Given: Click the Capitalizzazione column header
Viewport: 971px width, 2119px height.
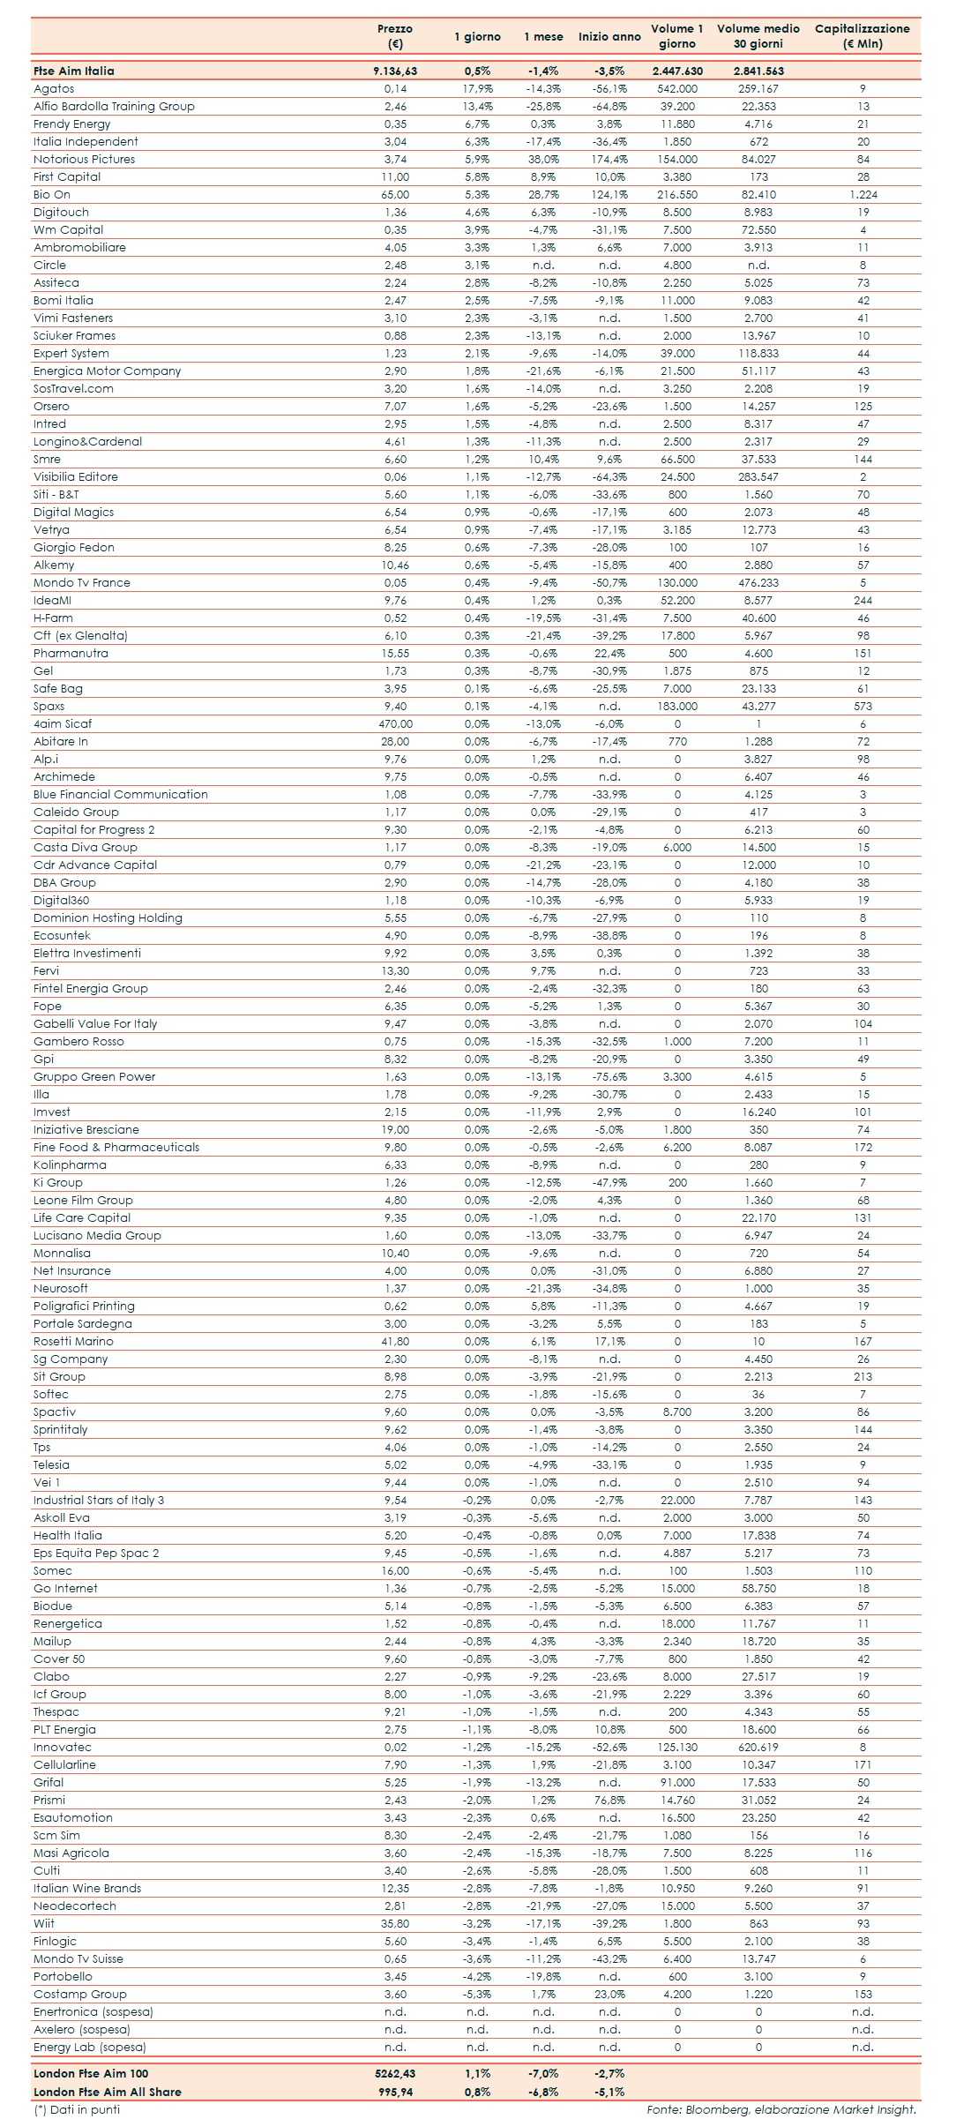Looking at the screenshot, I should click(x=862, y=36).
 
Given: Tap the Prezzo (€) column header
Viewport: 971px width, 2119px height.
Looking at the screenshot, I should click(x=394, y=36).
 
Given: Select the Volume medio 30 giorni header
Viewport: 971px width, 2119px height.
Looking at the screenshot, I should click(x=758, y=36).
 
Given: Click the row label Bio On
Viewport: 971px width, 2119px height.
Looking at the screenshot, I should click(x=52, y=195).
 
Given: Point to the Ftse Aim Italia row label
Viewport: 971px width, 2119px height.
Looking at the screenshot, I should click(x=74, y=71).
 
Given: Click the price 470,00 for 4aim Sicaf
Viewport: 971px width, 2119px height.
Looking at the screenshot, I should click(x=395, y=724).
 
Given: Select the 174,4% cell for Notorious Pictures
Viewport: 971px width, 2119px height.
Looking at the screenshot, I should click(x=609, y=160).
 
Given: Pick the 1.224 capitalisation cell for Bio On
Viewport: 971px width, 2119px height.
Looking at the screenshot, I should click(x=863, y=195).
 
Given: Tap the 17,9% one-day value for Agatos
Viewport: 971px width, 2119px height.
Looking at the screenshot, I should click(x=477, y=89).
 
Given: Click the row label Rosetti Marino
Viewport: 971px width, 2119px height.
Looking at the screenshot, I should click(x=73, y=1342).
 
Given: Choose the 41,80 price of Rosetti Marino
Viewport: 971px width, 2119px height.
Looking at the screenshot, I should click(x=395, y=1342).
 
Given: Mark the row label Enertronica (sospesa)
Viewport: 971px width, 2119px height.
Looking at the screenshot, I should click(x=93, y=2012).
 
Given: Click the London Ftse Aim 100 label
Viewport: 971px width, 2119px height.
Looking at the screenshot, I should click(x=91, y=2074).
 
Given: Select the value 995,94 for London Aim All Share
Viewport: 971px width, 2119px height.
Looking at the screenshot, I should click(x=394, y=2092).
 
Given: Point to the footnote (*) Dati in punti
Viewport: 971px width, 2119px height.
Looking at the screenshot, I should click(x=77, y=2109).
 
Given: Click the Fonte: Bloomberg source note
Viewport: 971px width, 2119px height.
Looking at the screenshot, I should click(x=781, y=2109).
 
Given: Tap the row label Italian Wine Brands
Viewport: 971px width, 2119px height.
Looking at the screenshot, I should click(x=87, y=1889).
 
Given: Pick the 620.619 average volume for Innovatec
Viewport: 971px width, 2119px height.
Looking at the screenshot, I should click(x=758, y=1748).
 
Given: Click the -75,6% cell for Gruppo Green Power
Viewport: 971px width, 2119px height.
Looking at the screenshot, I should click(x=609, y=1077).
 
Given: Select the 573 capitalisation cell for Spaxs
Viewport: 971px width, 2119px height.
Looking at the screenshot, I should click(x=863, y=707).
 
